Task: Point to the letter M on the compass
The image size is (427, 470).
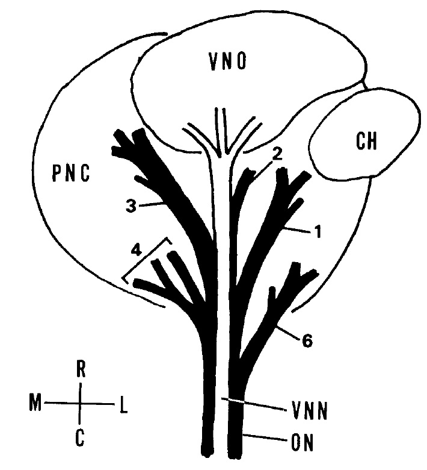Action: (x=35, y=401)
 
